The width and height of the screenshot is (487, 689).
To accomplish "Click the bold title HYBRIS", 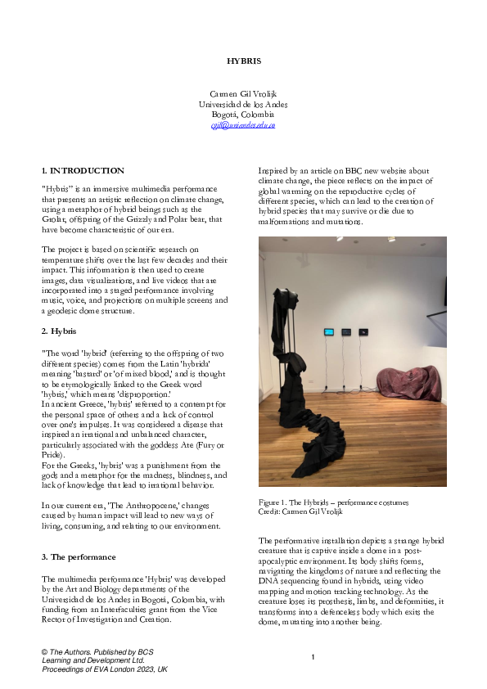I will click(x=243, y=61).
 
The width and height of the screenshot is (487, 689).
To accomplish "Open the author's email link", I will click(x=243, y=125).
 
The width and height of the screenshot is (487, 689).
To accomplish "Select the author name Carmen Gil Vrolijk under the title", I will click(x=243, y=95).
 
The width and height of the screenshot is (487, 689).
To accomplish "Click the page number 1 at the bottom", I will click(x=313, y=657).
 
